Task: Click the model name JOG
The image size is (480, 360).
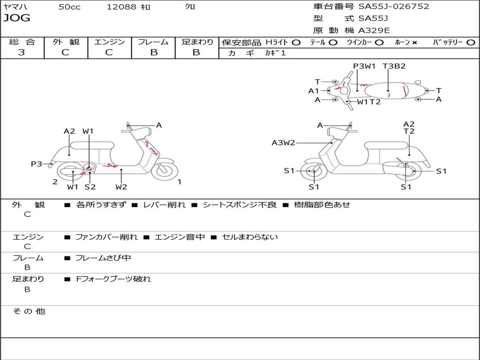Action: tap(17, 18)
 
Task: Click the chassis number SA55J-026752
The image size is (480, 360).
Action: tap(394, 7)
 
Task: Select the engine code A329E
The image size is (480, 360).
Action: tap(374, 30)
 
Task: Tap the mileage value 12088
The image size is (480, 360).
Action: tap(121, 7)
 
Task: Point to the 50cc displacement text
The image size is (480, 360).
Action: tap(69, 7)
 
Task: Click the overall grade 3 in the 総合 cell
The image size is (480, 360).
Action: tap(22, 52)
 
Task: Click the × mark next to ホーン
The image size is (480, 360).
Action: tap(414, 43)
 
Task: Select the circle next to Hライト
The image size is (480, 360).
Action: tap(296, 43)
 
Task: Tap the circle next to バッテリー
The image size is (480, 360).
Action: tap(471, 43)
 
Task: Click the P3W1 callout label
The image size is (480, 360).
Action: tap(364, 66)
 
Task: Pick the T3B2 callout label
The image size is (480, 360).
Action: tap(394, 66)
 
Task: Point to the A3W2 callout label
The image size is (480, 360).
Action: tap(284, 142)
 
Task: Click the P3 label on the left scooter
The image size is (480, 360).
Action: tap(37, 164)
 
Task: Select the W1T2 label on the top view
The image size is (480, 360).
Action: tap(368, 102)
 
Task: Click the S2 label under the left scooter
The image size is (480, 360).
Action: tap(90, 187)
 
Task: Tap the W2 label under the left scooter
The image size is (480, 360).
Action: tap(121, 187)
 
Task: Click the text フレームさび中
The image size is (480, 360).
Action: tap(103, 258)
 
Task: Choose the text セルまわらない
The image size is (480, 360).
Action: tap(250, 237)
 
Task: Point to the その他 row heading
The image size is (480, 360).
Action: tap(29, 311)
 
